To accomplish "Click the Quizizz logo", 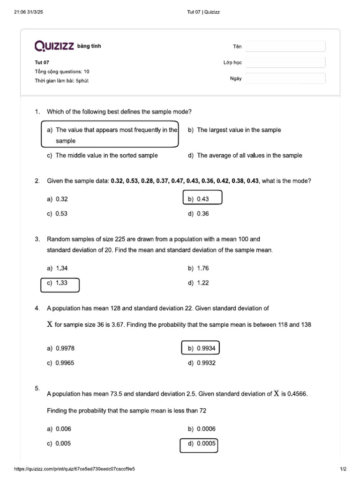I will [x=54, y=46].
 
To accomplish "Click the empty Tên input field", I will [x=285, y=46].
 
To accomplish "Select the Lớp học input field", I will [x=285, y=62].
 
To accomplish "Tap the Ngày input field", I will [x=285, y=78].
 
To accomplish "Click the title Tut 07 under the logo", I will [x=42, y=62].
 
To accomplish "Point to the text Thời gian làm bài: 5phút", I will [x=61, y=81].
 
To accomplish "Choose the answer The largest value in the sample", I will [x=239, y=130].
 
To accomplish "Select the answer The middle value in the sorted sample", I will [x=106, y=155].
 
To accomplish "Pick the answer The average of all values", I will [x=249, y=155].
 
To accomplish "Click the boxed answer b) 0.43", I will [x=202, y=199].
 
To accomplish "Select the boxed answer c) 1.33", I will [x=60, y=283].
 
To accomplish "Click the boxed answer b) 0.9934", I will [x=201, y=348].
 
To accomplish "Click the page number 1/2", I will [x=343, y=469].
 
